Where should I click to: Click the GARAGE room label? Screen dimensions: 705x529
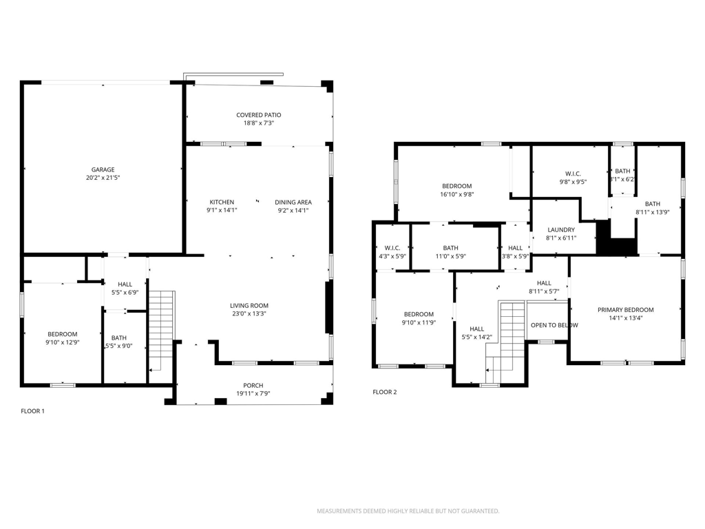(103, 169)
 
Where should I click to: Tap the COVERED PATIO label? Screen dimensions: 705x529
(259, 115)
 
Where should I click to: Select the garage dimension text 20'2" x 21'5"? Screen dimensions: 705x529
(103, 178)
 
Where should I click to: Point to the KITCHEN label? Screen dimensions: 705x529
(222, 202)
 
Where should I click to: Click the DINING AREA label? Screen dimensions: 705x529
(293, 202)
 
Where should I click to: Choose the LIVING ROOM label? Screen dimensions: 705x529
(249, 305)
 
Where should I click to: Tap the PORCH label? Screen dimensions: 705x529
(253, 386)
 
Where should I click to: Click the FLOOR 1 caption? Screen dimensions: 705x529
(33, 411)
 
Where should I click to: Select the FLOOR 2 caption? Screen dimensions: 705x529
(385, 392)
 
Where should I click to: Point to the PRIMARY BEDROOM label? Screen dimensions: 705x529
(625, 310)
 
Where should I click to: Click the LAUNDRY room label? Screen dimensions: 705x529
(561, 230)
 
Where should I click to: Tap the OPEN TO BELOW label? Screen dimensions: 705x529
(554, 325)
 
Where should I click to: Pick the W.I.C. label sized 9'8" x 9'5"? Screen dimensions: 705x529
(573, 174)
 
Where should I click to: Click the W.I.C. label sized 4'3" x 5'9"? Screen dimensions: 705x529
(392, 248)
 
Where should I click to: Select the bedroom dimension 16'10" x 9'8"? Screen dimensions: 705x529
(457, 194)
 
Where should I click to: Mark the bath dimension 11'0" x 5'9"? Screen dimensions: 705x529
(450, 256)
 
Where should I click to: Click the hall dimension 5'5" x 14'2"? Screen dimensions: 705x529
(476, 337)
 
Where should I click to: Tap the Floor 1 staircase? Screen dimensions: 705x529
(161, 331)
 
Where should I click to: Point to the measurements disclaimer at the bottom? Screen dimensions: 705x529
(408, 511)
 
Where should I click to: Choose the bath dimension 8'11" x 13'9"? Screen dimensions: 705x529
(653, 212)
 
